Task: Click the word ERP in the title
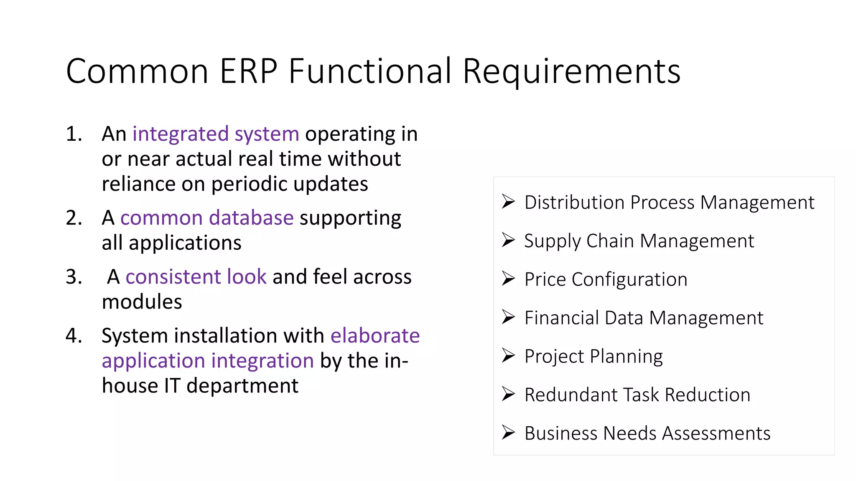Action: pos(248,71)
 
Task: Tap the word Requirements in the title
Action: pos(571,71)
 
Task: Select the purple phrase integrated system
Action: pos(216,134)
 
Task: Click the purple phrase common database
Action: pos(207,218)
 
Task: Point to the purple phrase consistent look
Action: pos(196,277)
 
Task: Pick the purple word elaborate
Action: pos(375,336)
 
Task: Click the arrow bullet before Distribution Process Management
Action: pos(508,202)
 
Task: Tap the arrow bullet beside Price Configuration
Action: pos(508,278)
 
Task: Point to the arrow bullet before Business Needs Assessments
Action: pos(508,433)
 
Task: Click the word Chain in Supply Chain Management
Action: pos(610,241)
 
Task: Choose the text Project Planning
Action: pos(594,357)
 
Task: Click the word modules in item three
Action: pos(142,302)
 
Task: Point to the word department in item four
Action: pos(242,386)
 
